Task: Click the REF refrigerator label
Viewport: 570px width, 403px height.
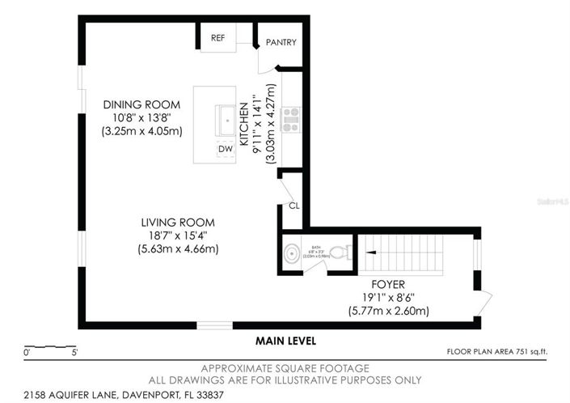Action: click(217, 38)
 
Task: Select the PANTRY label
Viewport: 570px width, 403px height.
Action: click(281, 43)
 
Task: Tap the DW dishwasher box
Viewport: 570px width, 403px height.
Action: click(225, 149)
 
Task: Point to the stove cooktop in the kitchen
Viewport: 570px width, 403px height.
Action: click(290, 119)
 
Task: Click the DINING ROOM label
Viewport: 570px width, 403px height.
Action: click(141, 105)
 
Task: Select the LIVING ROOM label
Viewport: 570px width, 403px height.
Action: click(178, 223)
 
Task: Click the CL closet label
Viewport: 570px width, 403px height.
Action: click(293, 206)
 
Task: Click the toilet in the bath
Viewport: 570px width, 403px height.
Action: click(340, 253)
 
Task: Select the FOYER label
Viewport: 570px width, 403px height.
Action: click(388, 285)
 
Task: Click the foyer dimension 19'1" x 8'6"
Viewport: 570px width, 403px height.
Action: click(388, 298)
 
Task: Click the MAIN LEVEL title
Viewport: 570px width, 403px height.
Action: click(287, 341)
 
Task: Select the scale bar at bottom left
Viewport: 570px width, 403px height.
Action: click(50, 347)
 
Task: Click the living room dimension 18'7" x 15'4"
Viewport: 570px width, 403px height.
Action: click(178, 235)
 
